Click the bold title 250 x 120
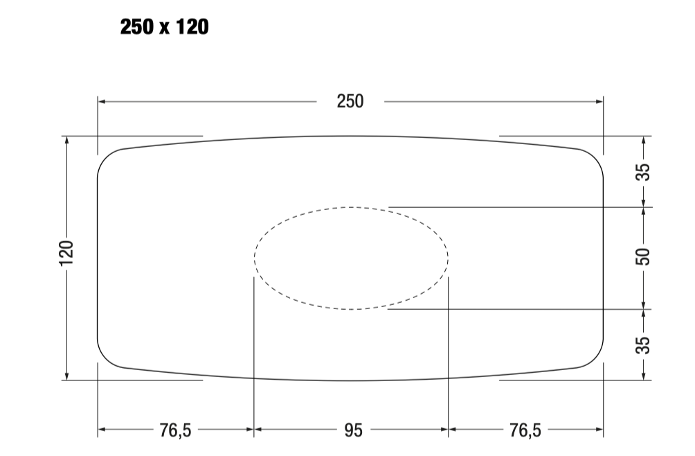(165, 27)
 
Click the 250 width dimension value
(350, 102)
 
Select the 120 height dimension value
(66, 253)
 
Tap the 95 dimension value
(353, 430)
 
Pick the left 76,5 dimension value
(176, 430)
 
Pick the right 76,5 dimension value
(525, 430)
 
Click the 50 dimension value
(643, 257)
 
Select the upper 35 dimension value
(643, 172)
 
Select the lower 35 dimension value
(643, 345)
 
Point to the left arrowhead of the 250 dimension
(101, 102)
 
